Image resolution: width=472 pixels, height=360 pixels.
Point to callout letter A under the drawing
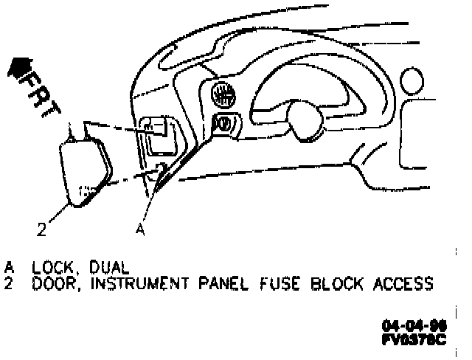[139, 229]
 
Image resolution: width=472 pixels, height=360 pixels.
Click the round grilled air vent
[223, 94]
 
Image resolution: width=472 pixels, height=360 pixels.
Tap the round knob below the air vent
[222, 122]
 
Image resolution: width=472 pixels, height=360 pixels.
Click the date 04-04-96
[414, 325]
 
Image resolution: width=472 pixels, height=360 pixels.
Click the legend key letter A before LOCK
[10, 266]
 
